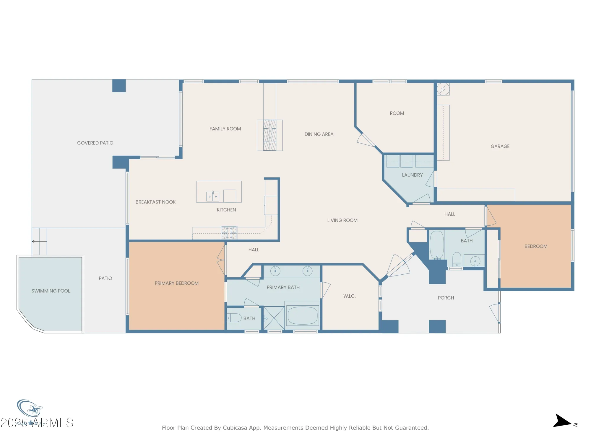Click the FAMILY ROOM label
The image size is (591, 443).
tap(225, 129)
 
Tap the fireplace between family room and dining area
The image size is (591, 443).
tap(269, 135)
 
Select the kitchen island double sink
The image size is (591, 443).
tap(213, 196)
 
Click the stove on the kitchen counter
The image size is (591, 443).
tap(229, 233)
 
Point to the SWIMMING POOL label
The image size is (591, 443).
tap(51, 291)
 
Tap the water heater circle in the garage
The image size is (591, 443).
tap(443, 89)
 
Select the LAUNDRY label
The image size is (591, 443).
tap(412, 175)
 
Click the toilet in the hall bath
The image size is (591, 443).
tap(457, 259)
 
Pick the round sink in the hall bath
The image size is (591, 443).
tap(475, 261)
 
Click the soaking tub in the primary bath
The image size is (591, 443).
tap(302, 315)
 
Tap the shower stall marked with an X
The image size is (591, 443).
tap(274, 318)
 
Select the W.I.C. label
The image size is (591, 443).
tap(349, 296)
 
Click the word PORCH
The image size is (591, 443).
tap(446, 298)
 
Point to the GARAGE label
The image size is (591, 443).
tap(500, 146)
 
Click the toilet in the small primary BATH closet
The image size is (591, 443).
tap(235, 318)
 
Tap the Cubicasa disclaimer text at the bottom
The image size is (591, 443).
tap(295, 428)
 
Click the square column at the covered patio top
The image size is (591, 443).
tap(119, 86)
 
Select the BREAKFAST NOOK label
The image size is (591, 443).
tap(155, 202)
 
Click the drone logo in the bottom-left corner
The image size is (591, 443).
tap(30, 409)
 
